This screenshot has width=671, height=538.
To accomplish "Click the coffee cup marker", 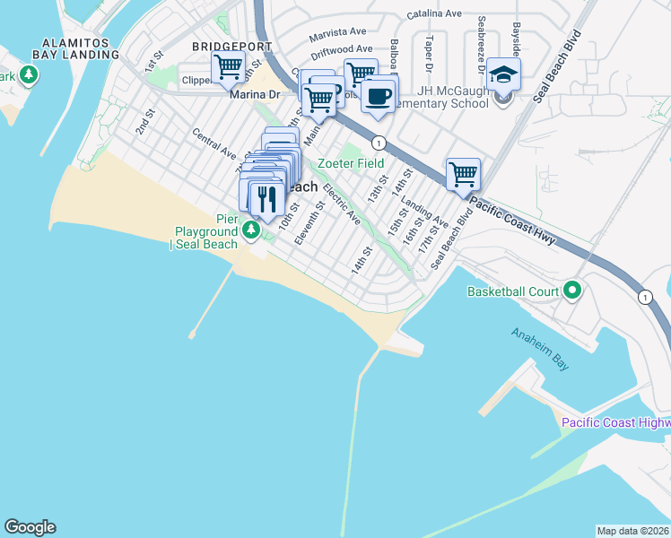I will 379,94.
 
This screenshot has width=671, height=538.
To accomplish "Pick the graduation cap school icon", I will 504,75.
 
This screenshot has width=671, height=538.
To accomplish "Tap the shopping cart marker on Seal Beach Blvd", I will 463,174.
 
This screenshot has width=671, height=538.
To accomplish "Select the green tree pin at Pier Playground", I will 252,231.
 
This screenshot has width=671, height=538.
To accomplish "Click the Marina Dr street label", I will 256,93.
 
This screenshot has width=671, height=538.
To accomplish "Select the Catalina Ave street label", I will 433,14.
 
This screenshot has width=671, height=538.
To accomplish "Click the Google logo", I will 30,527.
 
